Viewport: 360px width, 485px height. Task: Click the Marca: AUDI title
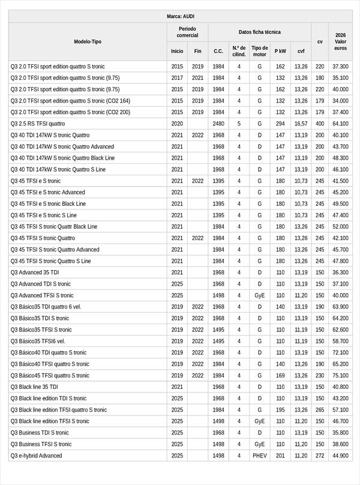180,16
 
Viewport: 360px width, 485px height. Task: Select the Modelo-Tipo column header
88,42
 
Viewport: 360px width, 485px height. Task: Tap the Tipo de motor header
259,51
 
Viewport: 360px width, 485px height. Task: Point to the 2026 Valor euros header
340,42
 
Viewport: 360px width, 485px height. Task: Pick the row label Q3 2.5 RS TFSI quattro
38,124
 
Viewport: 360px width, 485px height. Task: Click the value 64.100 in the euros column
340,124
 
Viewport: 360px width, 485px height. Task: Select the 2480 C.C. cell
218,124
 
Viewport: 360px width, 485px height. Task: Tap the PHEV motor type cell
259,456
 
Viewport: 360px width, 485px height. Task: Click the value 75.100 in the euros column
340,376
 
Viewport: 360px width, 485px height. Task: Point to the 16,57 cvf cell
301,124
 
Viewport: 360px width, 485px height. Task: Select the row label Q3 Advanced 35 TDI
35,273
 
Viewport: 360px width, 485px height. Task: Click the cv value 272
320,456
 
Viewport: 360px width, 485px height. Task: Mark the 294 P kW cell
280,124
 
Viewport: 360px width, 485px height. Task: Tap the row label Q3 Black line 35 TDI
34,387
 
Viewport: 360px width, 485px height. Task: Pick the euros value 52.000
340,227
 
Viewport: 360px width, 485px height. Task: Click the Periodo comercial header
187,32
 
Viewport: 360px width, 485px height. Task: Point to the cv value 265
320,410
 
